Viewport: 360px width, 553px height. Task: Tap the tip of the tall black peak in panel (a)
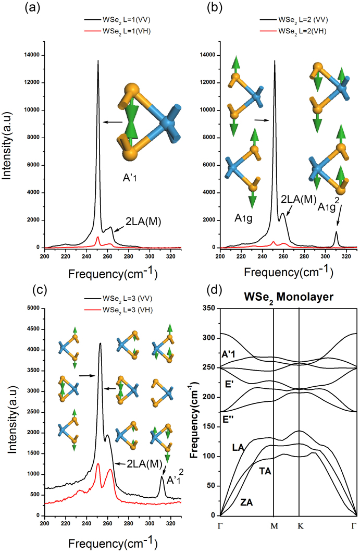[x=97, y=60]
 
